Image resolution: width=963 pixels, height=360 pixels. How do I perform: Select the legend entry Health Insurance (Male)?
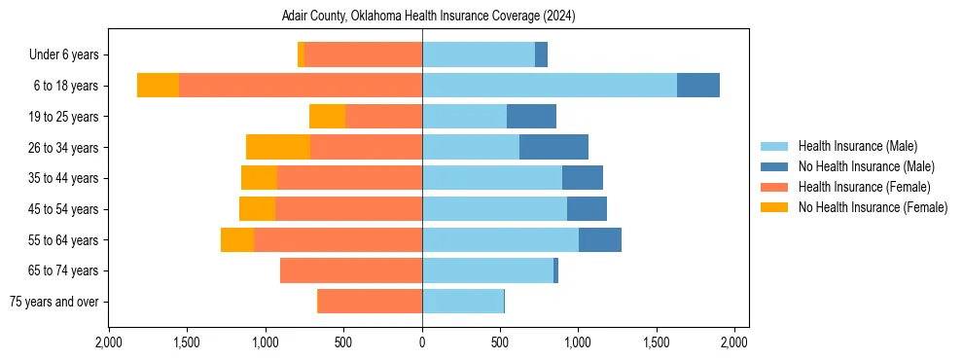click(x=857, y=146)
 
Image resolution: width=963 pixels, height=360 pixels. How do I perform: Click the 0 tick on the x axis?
click(x=422, y=342)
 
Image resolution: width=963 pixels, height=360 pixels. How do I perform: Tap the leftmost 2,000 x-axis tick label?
click(x=109, y=342)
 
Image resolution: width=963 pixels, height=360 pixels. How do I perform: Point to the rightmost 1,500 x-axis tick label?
click(x=657, y=342)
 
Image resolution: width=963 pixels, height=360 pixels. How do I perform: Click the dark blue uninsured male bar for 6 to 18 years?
click(x=698, y=86)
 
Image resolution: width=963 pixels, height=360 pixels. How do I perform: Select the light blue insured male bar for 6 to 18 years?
click(x=550, y=86)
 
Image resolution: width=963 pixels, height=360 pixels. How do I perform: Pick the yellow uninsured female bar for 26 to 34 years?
click(x=278, y=147)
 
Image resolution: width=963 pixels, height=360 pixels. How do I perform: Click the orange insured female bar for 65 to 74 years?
click(x=351, y=270)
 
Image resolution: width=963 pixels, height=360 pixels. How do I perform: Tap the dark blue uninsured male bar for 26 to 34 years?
click(x=553, y=147)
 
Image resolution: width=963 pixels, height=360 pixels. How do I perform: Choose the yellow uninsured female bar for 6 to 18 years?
click(x=158, y=86)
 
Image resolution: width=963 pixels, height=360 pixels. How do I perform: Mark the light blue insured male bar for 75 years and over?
click(x=463, y=302)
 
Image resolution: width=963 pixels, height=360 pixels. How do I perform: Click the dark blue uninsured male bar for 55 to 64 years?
click(x=600, y=239)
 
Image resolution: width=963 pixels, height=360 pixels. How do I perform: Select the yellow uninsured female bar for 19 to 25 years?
click(x=327, y=117)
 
